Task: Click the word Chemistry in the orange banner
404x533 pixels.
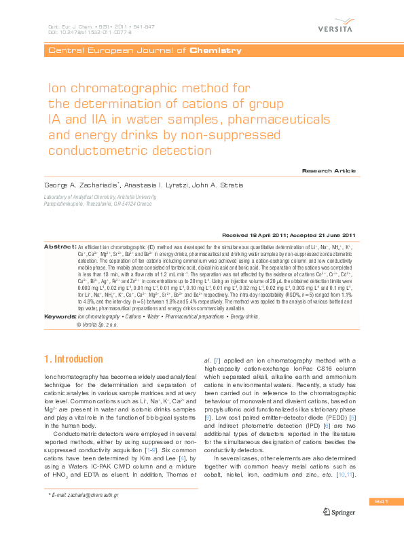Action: coord(215,50)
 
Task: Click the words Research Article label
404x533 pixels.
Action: coord(329,170)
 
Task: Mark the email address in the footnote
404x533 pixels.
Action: coord(90,496)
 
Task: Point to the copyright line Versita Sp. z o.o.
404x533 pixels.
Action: coord(103,325)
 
